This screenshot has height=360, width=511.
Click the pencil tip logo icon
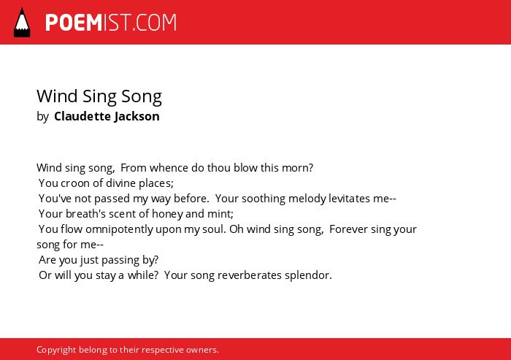click(22, 23)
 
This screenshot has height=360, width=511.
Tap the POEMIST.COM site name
click(111, 23)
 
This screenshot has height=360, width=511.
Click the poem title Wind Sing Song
click(99, 97)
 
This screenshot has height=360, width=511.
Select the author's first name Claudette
click(82, 116)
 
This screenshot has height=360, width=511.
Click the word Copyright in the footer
click(56, 350)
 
